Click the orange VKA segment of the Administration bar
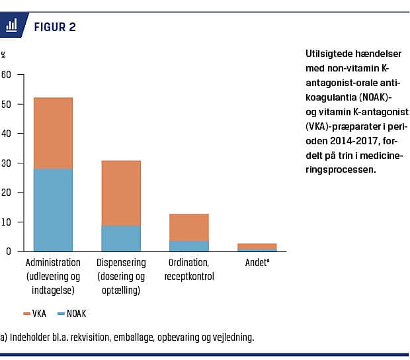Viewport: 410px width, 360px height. pos(53,133)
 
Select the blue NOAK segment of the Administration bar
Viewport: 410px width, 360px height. pos(53,210)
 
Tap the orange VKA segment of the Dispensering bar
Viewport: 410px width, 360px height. pos(121,193)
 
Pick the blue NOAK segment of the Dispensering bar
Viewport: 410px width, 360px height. pos(121,238)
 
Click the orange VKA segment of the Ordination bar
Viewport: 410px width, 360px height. pos(189,227)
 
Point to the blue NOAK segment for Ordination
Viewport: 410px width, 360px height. pos(189,246)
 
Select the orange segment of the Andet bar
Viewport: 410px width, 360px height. pos(257,246)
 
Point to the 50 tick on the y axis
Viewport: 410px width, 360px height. pos(7,104)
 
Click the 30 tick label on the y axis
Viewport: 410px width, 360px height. pos(7,163)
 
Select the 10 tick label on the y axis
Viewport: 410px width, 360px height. pos(7,222)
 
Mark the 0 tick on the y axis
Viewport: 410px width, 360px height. pos(9,251)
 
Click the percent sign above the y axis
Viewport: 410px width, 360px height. pos(3,56)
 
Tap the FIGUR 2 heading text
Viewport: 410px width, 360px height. pos(55,26)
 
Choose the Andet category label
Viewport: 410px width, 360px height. pos(257,263)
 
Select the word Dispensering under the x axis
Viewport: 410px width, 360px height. pos(121,263)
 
